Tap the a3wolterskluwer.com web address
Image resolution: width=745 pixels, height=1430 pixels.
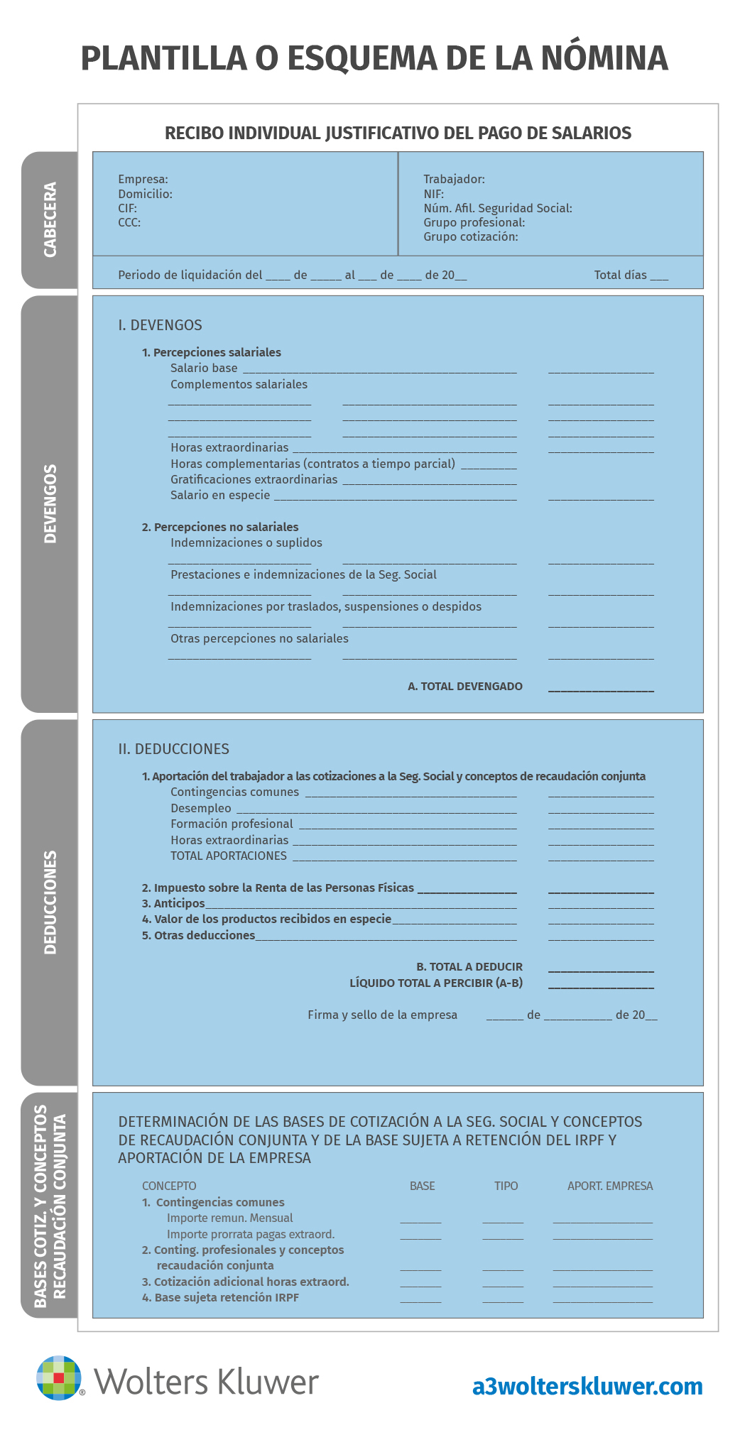(587, 1386)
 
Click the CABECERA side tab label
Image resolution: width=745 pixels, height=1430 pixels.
(50, 219)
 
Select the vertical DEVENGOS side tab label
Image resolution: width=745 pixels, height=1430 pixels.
(50, 503)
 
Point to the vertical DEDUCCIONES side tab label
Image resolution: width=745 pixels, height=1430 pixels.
(50, 902)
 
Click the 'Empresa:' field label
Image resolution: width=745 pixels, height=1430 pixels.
(143, 179)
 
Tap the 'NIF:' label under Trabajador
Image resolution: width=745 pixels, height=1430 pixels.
(433, 194)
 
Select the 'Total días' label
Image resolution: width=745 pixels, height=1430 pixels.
(620, 275)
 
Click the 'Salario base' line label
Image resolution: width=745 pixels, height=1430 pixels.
(204, 368)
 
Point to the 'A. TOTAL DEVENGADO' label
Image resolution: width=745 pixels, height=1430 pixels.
(465, 686)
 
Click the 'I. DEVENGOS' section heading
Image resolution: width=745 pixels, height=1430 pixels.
(160, 325)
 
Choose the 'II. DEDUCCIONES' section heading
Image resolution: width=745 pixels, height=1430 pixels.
(173, 749)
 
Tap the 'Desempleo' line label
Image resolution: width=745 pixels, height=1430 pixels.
(201, 808)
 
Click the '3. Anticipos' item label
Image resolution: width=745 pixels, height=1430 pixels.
(173, 903)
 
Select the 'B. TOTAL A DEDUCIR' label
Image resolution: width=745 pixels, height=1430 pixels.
(469, 966)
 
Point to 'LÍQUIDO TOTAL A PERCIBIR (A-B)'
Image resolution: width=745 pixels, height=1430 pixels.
(436, 983)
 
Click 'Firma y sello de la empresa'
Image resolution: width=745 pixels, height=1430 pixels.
(382, 1015)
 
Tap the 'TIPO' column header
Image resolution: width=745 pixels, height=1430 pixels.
(506, 1186)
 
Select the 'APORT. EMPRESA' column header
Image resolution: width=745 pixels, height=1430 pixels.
(609, 1186)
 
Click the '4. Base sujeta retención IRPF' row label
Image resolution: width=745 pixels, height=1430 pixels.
(220, 1297)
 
